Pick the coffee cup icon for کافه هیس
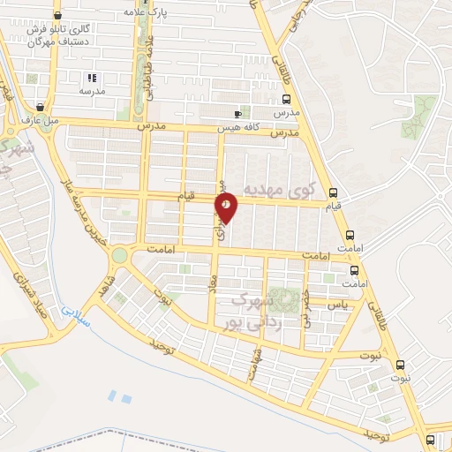coord(237,114)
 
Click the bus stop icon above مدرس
coord(284,100)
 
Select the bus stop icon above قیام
coord(333,193)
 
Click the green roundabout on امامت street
coord(118,255)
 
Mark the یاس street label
coord(336,303)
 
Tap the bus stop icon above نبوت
coord(399,365)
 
